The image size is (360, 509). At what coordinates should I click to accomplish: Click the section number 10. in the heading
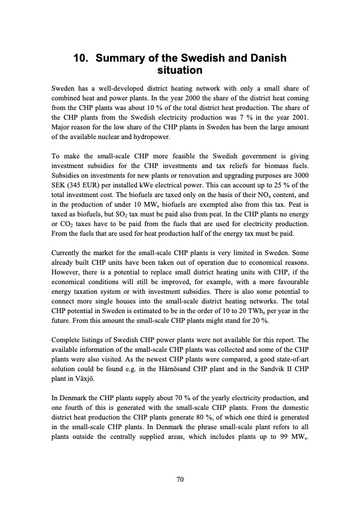(x=82, y=59)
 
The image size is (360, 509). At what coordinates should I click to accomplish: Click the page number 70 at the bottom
(x=180, y=479)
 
